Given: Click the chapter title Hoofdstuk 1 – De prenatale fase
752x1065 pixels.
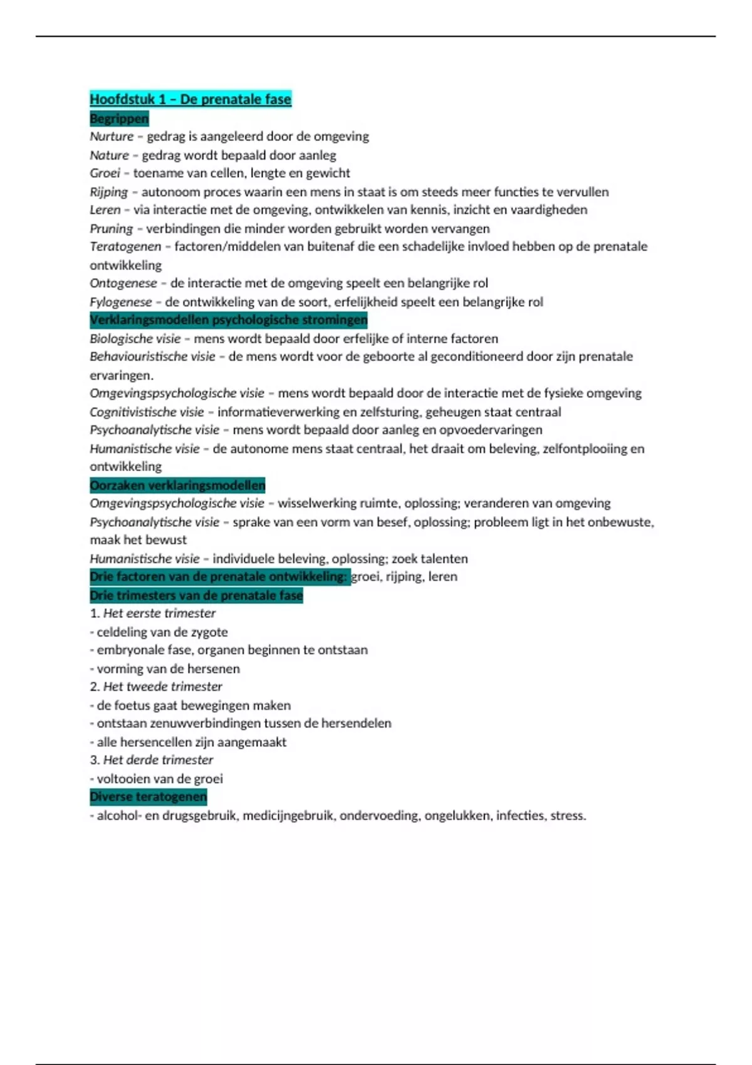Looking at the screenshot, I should [x=191, y=99].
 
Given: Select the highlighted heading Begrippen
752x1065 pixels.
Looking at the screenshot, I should [x=119, y=118].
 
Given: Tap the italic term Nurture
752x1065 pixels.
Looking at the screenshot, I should [x=112, y=137].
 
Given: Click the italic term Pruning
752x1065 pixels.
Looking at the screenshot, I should [x=112, y=229].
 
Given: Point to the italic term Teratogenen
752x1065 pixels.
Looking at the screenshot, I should [x=125, y=247].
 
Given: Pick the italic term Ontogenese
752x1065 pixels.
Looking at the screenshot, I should [x=123, y=283].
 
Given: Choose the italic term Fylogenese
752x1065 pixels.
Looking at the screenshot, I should [x=121, y=302].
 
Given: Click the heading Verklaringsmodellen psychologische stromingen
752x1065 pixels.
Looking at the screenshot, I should [x=228, y=320].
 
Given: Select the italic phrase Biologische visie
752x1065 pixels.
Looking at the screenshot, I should [x=135, y=339].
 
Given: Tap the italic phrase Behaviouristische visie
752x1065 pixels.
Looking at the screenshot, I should [x=152, y=356].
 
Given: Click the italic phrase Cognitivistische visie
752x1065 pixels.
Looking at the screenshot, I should [x=147, y=412].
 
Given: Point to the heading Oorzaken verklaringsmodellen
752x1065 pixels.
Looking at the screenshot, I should [x=177, y=486].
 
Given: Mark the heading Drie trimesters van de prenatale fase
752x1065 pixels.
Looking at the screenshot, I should [x=196, y=596].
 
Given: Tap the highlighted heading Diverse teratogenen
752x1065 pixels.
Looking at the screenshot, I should [x=148, y=797].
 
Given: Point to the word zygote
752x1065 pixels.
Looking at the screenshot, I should [x=208, y=632].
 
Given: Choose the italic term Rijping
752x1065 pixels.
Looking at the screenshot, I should [x=108, y=192].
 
